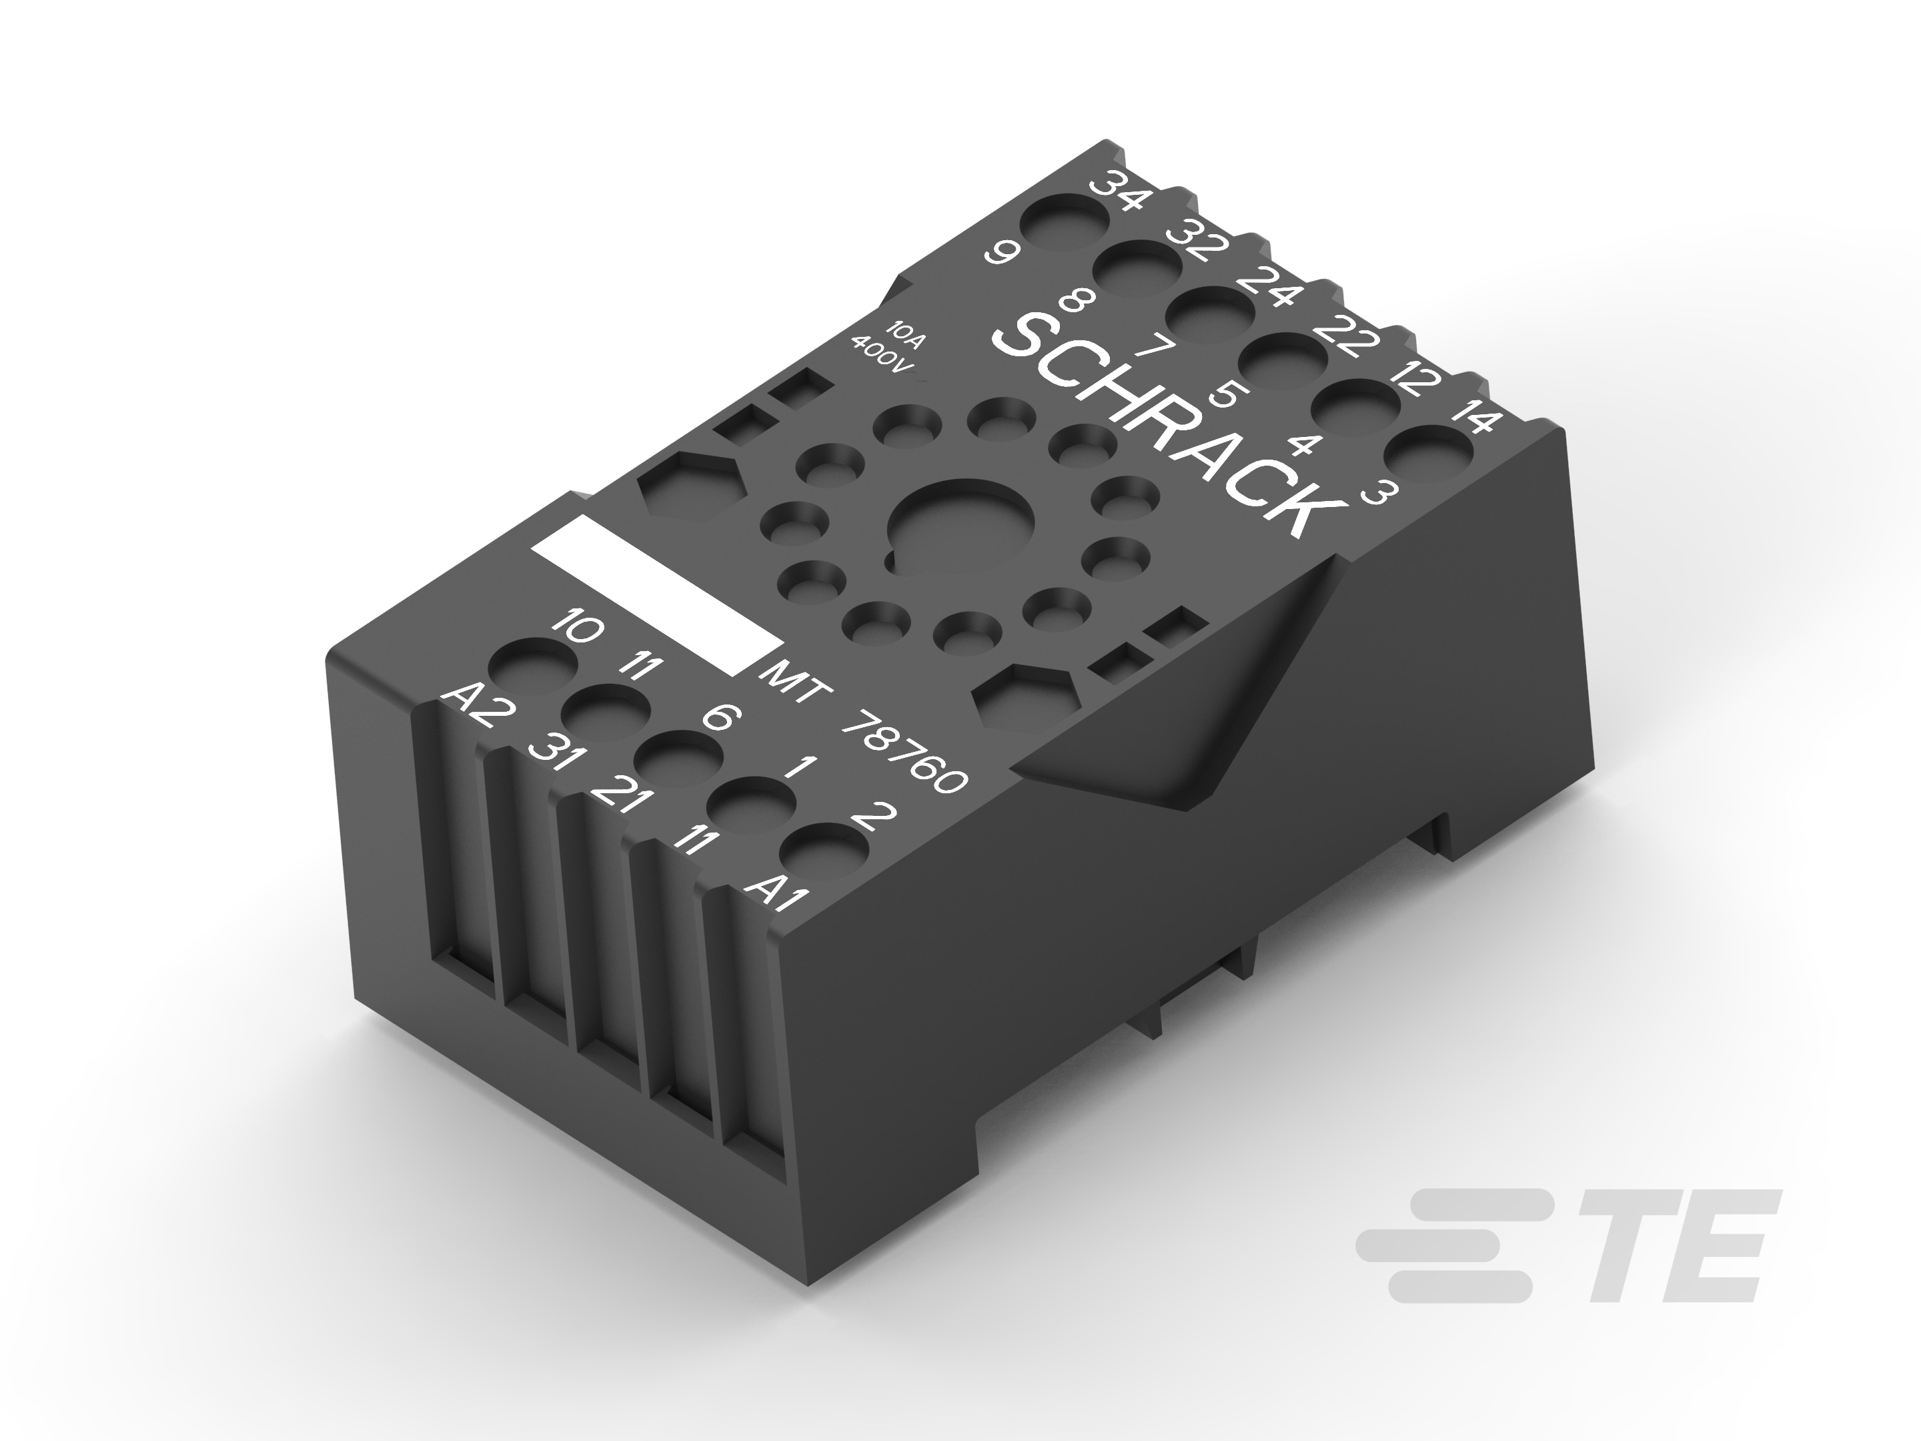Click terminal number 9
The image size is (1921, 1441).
[x=1001, y=254]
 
